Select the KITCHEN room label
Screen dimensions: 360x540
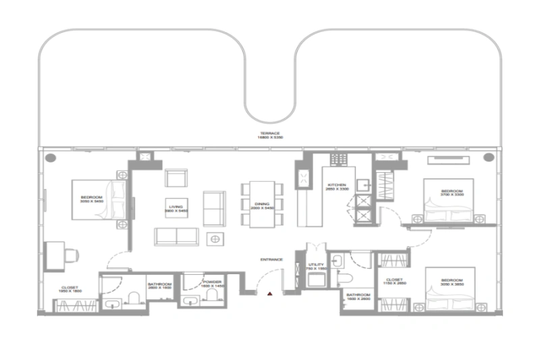pos(336,185)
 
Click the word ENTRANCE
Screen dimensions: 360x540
pos(271,259)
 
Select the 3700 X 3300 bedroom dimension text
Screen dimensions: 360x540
pos(452,195)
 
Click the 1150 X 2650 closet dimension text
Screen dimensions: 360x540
pos(395,284)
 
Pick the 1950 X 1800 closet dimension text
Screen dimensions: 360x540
pos(69,291)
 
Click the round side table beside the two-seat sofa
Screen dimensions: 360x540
pos(215,238)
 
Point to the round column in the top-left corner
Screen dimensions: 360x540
pos(51,157)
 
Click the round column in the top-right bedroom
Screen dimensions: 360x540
pos(487,157)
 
